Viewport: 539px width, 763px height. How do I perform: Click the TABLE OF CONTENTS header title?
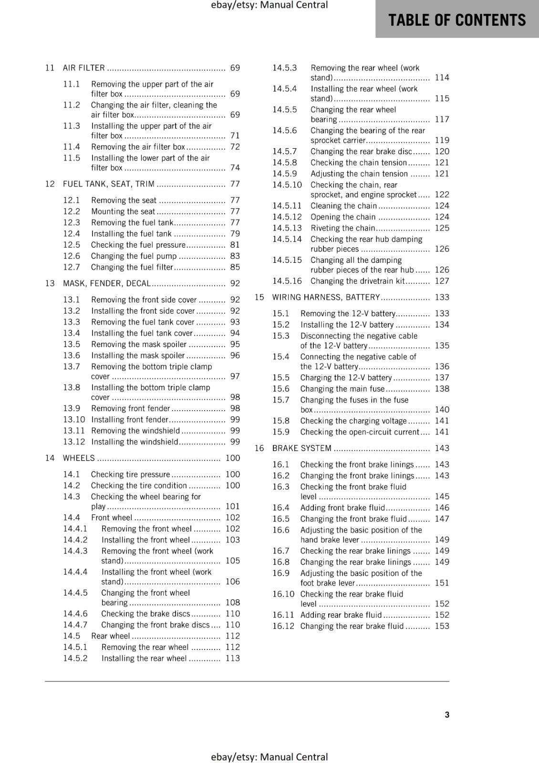coord(456,20)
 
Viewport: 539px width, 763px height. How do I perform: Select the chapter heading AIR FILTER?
coord(83,68)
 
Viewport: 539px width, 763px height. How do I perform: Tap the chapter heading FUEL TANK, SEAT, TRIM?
coord(108,184)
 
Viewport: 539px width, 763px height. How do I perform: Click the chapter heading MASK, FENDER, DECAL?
coord(106,283)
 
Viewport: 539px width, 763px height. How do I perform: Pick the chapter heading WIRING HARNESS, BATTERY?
coord(326,297)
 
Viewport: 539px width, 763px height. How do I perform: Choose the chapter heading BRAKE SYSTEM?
coord(301,448)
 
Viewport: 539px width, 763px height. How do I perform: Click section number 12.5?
coord(72,245)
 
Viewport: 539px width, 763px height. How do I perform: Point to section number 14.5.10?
coord(287,185)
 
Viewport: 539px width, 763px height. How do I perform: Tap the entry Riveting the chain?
coord(342,228)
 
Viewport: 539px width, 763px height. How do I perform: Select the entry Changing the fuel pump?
coord(134,256)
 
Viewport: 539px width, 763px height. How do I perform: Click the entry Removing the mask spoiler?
coord(138,344)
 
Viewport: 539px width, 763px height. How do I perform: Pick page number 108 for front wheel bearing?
coord(233,602)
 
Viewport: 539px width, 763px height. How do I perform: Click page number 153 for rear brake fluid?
coord(442,626)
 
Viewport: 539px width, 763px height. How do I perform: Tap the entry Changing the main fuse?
coord(342,389)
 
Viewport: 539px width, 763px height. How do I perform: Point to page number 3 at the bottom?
coord(447,714)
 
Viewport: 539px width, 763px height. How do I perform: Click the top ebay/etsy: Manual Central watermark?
coord(269,5)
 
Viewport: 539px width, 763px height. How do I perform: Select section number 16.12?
coord(283,626)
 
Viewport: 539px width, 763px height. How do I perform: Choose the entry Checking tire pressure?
coord(130,474)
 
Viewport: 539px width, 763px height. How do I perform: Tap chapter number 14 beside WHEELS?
coord(50,458)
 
